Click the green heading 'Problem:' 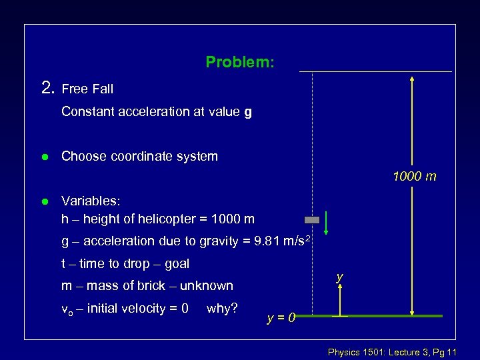(x=239, y=62)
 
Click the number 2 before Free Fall (x=47, y=87)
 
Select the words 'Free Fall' (x=87, y=89)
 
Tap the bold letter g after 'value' (x=248, y=111)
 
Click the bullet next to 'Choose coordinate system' (x=44, y=157)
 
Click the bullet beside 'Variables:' (x=44, y=201)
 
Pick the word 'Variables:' (x=91, y=200)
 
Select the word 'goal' (x=176, y=263)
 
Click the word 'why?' (x=223, y=308)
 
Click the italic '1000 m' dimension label (x=415, y=177)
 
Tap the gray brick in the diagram (x=312, y=219)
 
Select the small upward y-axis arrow (x=340, y=298)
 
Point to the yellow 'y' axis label (x=340, y=275)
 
